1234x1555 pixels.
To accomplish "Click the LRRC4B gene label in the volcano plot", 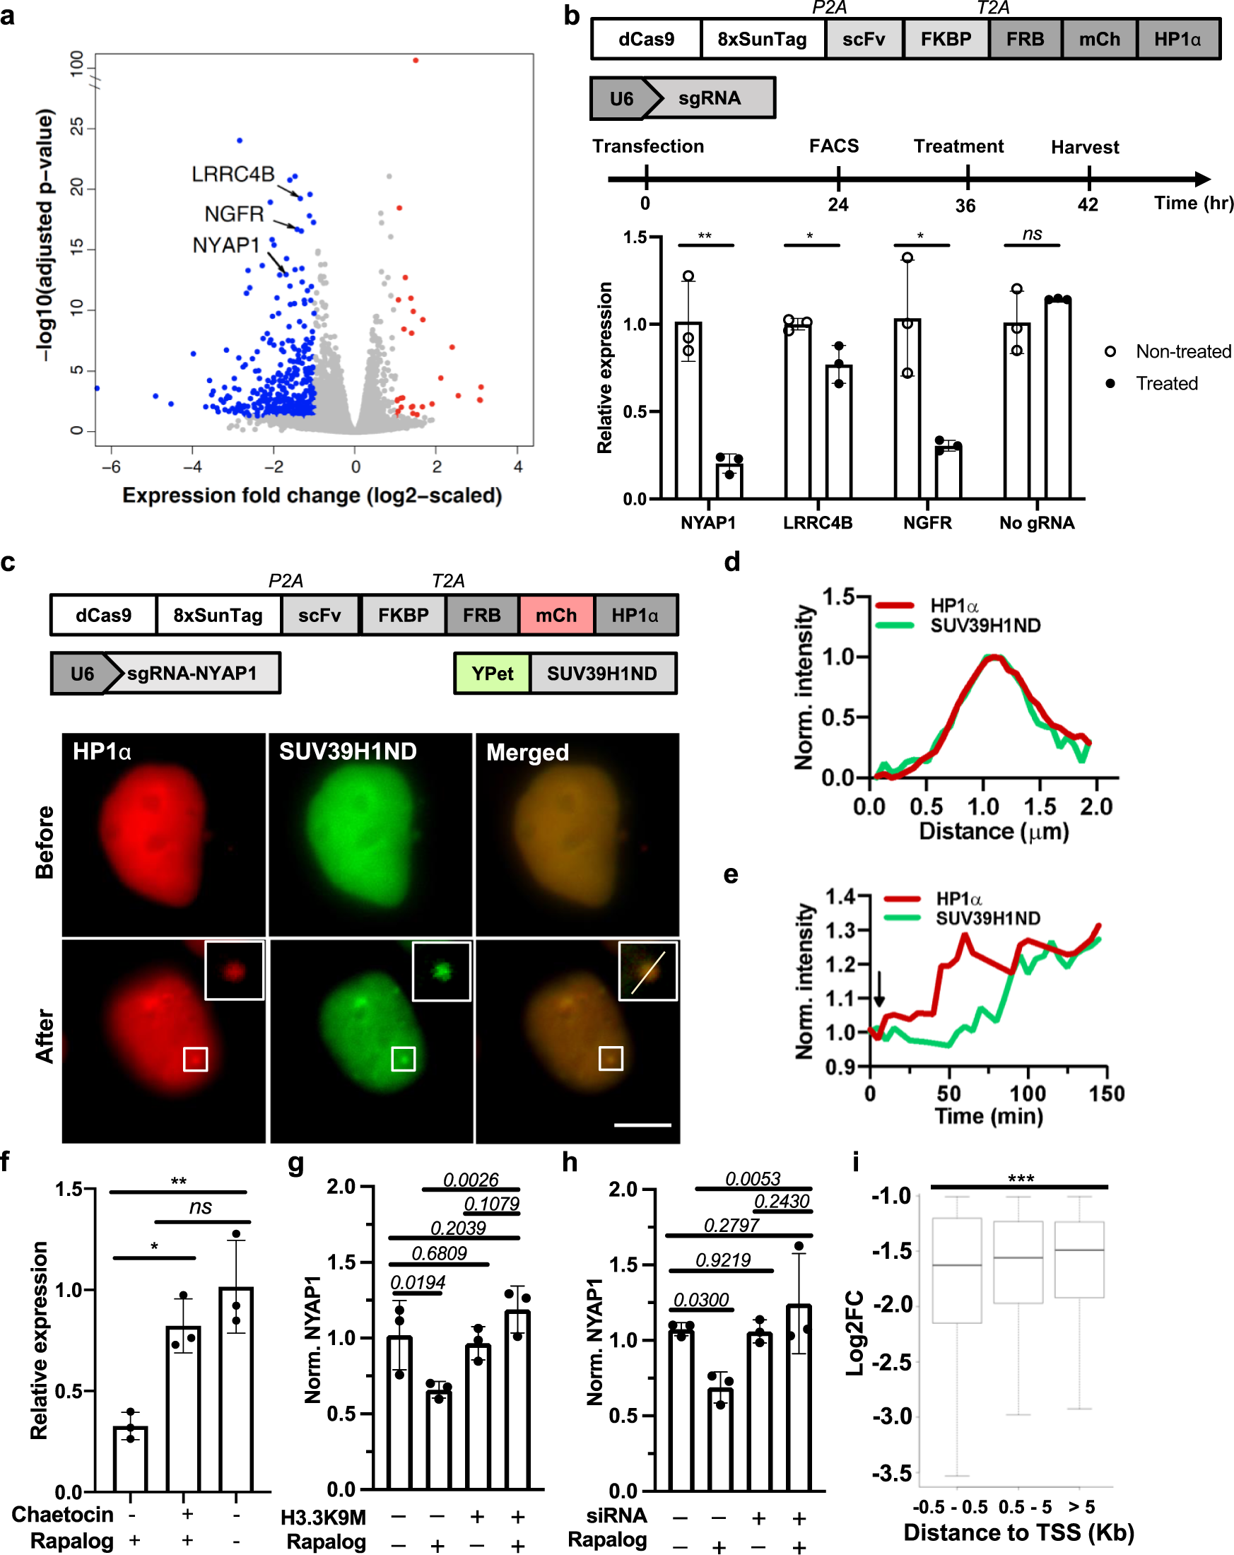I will tap(233, 175).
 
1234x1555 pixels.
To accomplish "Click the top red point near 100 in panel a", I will tap(416, 61).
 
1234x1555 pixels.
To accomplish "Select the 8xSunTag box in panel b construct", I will tap(762, 39).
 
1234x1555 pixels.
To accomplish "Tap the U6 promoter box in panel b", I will tap(621, 98).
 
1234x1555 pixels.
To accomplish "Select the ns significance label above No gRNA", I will tap(1032, 234).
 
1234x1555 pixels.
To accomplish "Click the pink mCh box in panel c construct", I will tap(556, 615).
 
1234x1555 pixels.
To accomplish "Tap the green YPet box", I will tap(492, 674).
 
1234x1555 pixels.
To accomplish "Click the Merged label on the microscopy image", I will tap(527, 752).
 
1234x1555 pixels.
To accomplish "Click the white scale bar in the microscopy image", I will tap(642, 1125).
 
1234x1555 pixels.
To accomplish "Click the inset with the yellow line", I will tap(647, 970).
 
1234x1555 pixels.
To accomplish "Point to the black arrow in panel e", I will tap(879, 997).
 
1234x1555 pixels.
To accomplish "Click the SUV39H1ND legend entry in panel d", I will tap(985, 626).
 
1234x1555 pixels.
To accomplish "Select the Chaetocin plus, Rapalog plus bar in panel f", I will tap(183, 1408).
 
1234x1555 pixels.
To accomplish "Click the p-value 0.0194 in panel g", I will tap(418, 1282).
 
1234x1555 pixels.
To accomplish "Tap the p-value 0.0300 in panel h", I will tap(701, 1300).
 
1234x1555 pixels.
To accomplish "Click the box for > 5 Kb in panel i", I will tap(1079, 1260).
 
